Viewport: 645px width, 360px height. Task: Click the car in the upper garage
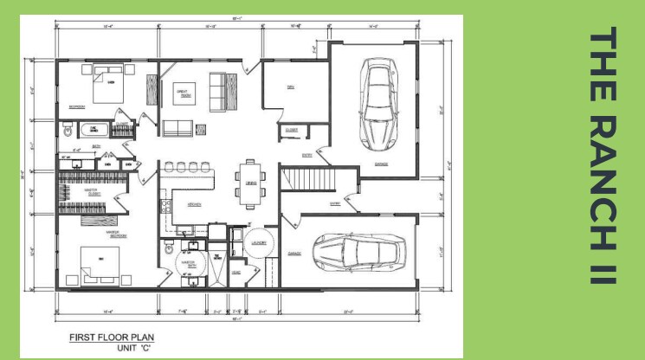tap(377, 102)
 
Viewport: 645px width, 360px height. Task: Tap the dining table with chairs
tap(250, 183)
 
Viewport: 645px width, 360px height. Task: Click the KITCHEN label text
tap(194, 204)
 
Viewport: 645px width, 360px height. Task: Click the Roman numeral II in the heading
tap(604, 265)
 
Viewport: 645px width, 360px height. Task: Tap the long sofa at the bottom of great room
tap(178, 129)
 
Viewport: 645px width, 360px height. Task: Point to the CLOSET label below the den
tap(289, 130)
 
